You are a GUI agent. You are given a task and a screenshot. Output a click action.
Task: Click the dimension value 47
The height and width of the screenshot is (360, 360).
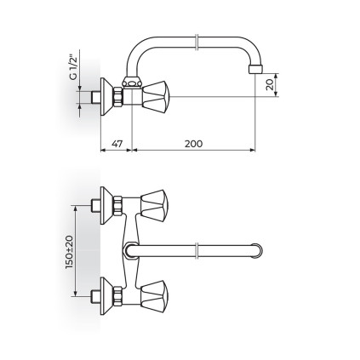click(x=117, y=144)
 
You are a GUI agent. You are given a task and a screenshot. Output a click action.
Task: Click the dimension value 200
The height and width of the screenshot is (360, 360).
click(x=194, y=144)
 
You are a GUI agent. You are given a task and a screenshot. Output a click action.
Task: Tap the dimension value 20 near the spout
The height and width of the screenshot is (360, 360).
click(x=270, y=84)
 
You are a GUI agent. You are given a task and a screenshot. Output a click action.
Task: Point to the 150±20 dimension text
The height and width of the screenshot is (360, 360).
click(x=70, y=253)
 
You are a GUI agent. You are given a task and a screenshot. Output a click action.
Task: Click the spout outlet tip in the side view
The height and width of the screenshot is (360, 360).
click(x=255, y=70)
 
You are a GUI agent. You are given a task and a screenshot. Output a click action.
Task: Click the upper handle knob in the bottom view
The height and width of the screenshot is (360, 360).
click(x=155, y=205)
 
